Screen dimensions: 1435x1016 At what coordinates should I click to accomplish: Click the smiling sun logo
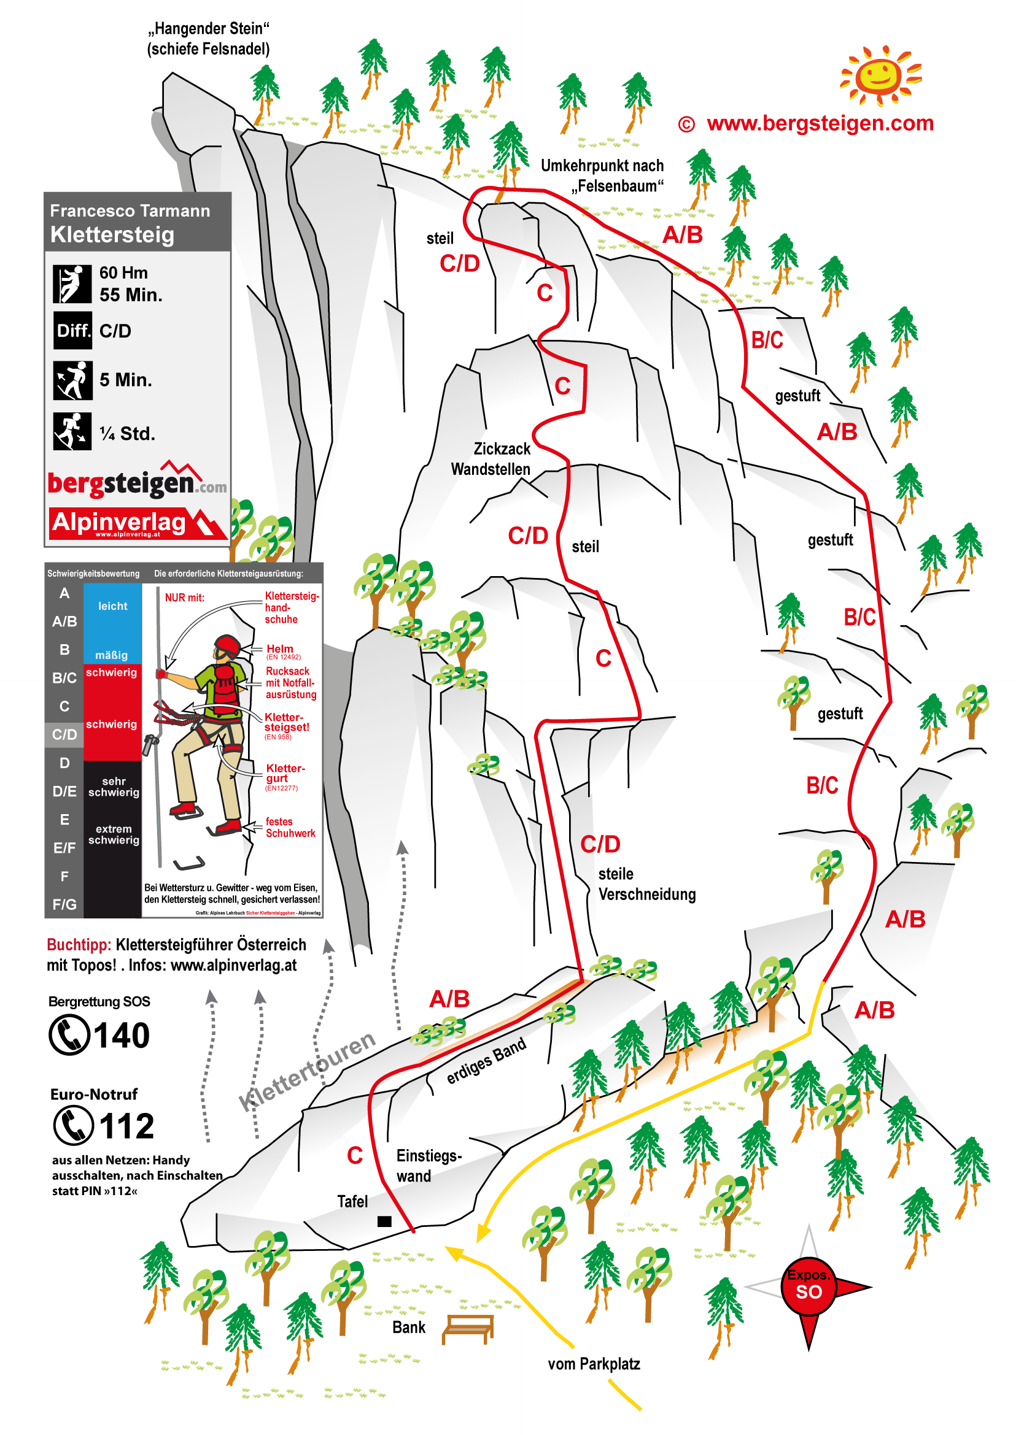[880, 74]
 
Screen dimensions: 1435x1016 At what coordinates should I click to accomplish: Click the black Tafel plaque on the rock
[384, 1220]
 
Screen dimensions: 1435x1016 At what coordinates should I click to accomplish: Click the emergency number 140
[122, 1035]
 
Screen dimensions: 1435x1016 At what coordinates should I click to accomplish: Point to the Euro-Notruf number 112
[126, 1126]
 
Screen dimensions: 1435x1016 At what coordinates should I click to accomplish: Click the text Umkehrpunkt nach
[602, 166]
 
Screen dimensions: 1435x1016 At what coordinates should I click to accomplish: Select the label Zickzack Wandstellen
[492, 458]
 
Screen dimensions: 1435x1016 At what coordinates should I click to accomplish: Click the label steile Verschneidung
[646, 883]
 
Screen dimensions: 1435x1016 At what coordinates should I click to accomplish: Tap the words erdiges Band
[486, 1061]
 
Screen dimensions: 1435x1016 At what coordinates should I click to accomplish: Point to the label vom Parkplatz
[594, 1364]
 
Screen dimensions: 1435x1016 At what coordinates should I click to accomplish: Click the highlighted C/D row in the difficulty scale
[64, 734]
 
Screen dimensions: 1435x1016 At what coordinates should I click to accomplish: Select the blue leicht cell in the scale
[112, 606]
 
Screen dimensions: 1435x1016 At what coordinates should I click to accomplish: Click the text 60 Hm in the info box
[124, 272]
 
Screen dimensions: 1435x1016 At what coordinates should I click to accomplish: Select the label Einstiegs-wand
[429, 1166]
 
